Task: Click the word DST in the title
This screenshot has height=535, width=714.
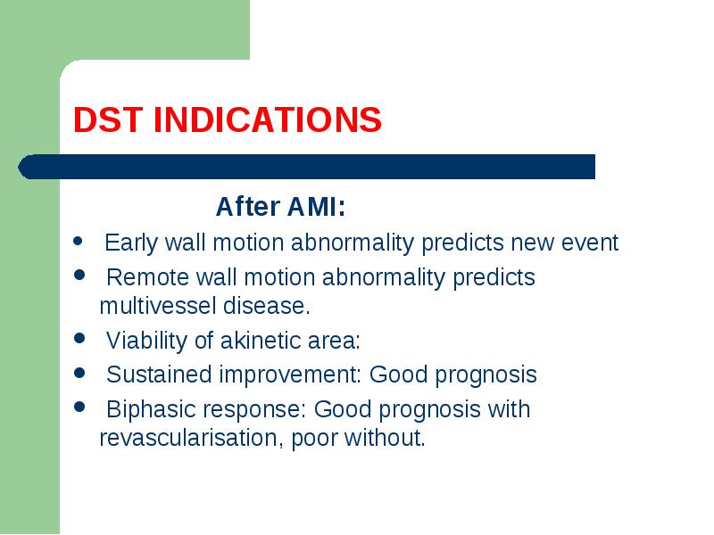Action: (107, 119)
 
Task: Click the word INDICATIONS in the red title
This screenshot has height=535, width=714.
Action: (268, 119)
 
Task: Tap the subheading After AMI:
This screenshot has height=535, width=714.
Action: (280, 207)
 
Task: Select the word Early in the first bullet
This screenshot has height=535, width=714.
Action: (131, 243)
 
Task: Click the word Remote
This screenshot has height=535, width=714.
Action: (148, 277)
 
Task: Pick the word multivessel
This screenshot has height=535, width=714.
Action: (158, 305)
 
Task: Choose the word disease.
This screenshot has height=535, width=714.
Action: (266, 305)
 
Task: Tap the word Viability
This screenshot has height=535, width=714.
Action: (146, 341)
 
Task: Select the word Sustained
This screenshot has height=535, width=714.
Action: (159, 374)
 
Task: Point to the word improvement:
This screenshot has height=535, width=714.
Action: (291, 375)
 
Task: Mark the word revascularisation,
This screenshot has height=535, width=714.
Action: (192, 438)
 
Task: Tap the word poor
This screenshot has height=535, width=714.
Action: (314, 439)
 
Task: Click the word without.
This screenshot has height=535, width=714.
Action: (385, 438)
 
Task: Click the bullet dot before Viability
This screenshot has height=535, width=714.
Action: (79, 339)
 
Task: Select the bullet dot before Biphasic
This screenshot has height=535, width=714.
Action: (79, 407)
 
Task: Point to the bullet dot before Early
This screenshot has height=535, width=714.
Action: (78, 241)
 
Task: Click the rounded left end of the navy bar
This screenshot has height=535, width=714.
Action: (19, 167)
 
